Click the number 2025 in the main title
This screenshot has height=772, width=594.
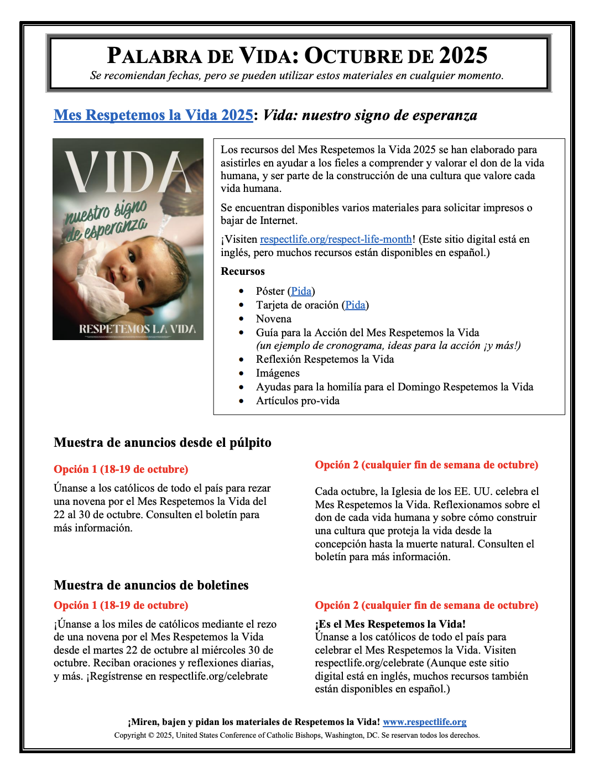pyautogui.click(x=463, y=56)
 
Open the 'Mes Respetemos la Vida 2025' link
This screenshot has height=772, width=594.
pyautogui.click(x=153, y=115)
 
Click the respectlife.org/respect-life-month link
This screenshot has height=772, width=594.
pyautogui.click(x=336, y=239)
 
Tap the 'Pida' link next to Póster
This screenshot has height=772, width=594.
pyautogui.click(x=301, y=291)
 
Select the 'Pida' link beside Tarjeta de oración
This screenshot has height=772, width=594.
pyautogui.click(x=355, y=305)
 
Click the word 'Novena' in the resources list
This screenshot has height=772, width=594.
pyautogui.click(x=273, y=319)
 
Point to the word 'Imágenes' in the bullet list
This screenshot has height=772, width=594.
pyautogui.click(x=278, y=373)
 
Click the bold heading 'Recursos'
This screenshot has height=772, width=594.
pyautogui.click(x=243, y=272)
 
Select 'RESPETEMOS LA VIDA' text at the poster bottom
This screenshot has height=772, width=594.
pyautogui.click(x=137, y=329)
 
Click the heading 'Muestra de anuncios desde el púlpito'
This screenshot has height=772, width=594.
pyautogui.click(x=163, y=443)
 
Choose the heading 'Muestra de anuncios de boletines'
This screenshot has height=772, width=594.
pyautogui.click(x=151, y=585)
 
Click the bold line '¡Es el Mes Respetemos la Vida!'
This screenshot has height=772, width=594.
pyautogui.click(x=390, y=624)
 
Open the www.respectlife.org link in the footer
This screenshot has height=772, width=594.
pyautogui.click(x=424, y=722)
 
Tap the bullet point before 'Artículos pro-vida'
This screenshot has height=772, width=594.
pyautogui.click(x=241, y=401)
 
